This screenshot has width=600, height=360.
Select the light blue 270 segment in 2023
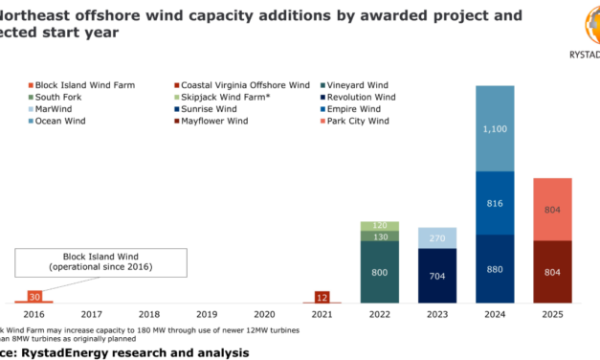pos(438,237)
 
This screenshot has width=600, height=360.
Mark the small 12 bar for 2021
pos(322,297)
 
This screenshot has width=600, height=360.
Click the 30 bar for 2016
pos(33,298)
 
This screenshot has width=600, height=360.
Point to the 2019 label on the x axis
pos(207,314)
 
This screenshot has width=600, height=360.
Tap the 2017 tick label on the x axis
pos(92,314)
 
